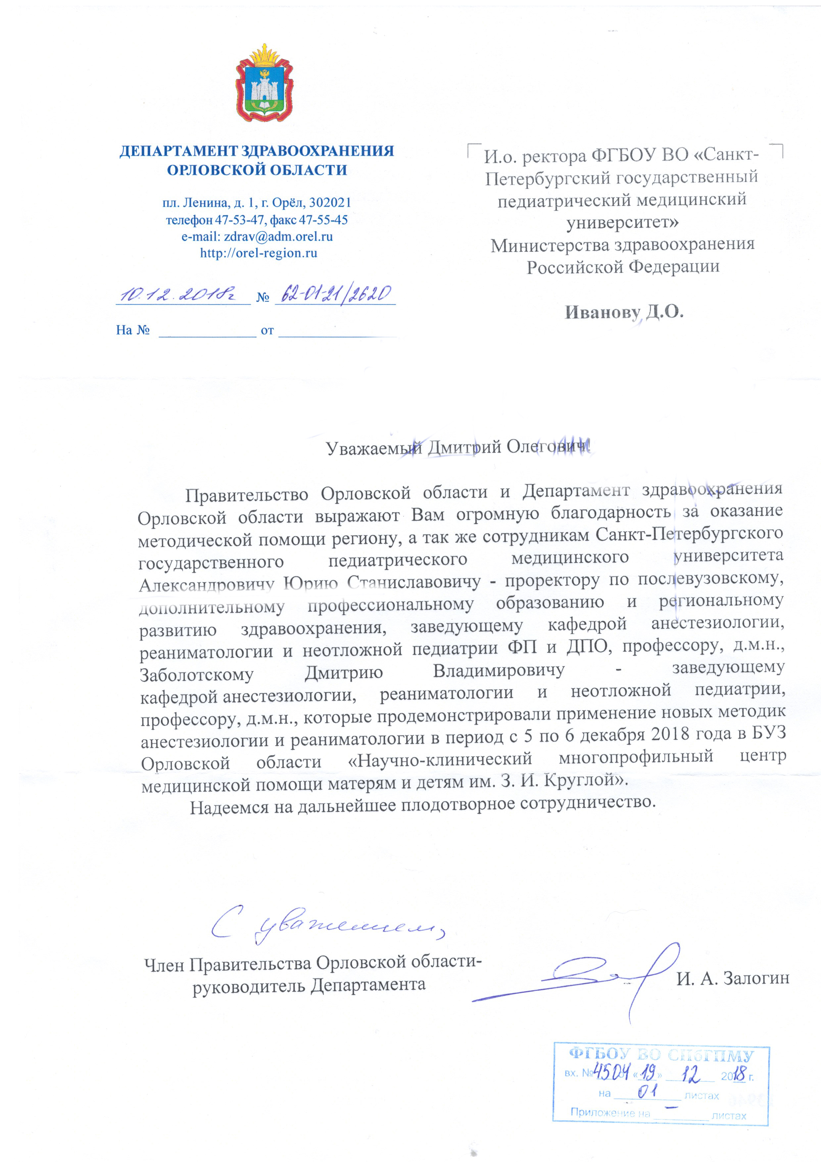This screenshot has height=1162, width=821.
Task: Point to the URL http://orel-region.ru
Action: coord(259,253)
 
